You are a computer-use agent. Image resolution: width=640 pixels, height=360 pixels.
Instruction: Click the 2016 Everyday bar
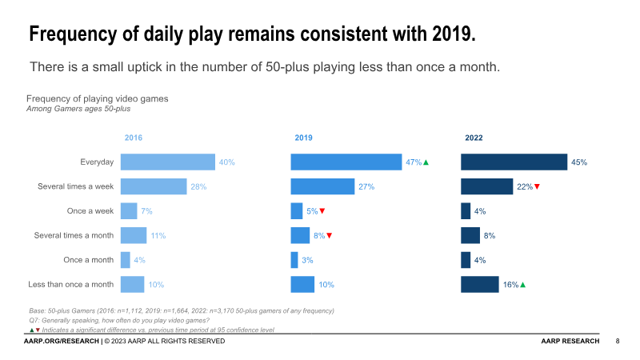168,162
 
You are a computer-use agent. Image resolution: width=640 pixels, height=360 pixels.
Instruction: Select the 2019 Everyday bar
346,162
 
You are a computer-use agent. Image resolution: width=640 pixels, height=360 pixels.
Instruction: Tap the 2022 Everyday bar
514,162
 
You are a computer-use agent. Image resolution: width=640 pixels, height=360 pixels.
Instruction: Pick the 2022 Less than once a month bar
480,284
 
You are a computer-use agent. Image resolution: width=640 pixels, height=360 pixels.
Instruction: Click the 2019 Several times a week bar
322,186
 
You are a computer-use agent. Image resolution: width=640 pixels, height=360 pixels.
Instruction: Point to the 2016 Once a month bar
126,260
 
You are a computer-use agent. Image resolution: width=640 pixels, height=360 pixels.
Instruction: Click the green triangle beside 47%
426,162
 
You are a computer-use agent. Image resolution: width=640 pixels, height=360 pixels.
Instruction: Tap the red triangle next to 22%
538,186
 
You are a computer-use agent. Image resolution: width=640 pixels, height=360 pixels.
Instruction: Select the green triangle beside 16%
522,284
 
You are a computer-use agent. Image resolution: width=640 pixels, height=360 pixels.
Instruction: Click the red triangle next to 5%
322,211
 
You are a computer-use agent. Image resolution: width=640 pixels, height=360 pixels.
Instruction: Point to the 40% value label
226,162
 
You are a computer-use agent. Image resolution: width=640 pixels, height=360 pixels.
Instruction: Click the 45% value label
579,162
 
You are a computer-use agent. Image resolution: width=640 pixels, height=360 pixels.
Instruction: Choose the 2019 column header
303,138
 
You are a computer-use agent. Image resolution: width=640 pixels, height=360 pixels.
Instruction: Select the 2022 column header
474,138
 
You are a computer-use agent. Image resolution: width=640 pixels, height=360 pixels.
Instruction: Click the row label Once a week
90,211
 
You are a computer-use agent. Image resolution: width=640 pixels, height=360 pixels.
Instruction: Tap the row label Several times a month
74,235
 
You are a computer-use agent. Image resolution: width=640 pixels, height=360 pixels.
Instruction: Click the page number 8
618,342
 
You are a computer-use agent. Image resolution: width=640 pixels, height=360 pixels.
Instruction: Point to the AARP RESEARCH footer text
570,342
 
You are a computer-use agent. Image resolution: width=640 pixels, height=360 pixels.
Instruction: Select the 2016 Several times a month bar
134,235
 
